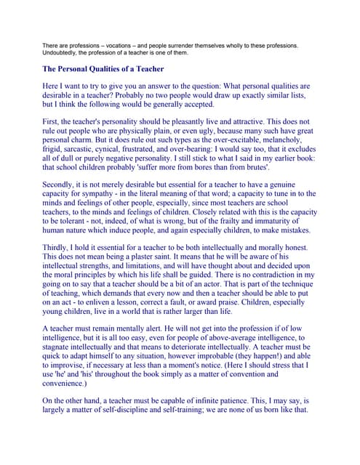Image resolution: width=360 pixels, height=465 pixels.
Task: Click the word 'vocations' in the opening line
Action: coord(121,46)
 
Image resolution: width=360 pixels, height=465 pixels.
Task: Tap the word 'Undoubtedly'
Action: coord(62,54)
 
